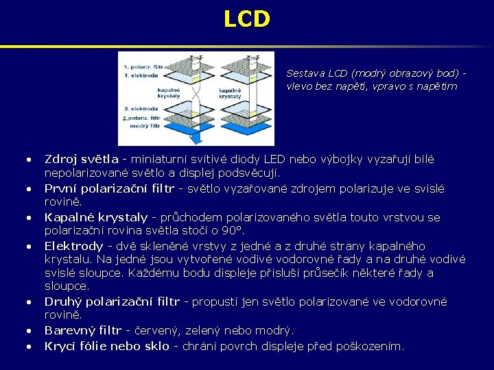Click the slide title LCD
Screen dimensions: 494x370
(247, 18)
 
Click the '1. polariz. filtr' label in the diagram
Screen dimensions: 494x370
(143, 66)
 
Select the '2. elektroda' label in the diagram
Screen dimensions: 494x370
(141, 109)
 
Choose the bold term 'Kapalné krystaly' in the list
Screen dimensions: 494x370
(96, 217)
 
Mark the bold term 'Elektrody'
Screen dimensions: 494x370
(73, 246)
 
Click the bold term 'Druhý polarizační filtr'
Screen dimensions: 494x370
(112, 301)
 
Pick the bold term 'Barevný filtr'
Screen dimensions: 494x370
(83, 330)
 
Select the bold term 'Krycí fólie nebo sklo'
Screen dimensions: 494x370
(106, 346)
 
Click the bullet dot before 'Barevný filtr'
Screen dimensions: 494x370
(29, 331)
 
